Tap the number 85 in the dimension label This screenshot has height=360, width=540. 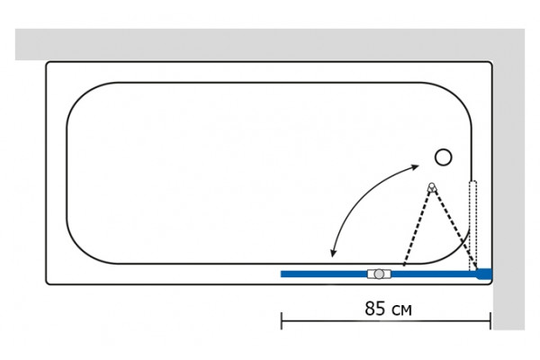(x=375, y=309)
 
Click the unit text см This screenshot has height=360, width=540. (x=401, y=310)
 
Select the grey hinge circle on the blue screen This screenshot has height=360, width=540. (x=379, y=274)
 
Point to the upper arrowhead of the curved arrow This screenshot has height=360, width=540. (x=416, y=167)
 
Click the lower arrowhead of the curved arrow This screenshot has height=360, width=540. (x=333, y=253)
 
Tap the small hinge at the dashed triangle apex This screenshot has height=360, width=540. (x=431, y=187)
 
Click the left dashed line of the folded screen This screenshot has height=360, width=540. (x=417, y=228)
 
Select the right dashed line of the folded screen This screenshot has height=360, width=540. (x=454, y=229)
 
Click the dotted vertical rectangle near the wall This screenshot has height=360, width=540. (x=473, y=225)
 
